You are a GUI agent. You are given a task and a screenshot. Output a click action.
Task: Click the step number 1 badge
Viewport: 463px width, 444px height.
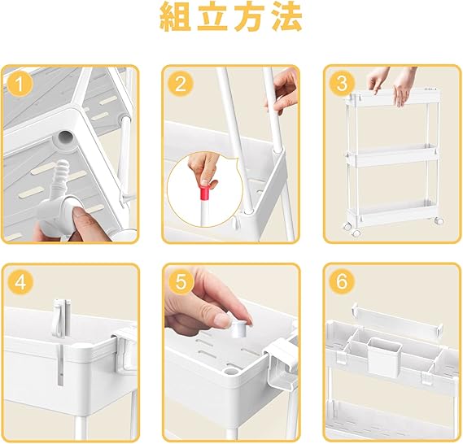click(x=20, y=84)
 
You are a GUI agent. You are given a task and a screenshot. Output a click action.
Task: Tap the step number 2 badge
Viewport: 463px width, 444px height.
click(x=181, y=84)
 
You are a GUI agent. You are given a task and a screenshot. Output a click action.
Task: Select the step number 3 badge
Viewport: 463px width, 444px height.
click(x=342, y=84)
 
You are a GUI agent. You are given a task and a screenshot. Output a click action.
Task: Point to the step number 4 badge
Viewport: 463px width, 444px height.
click(x=20, y=282)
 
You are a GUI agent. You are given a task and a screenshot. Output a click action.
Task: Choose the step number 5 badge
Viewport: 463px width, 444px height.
click(x=181, y=282)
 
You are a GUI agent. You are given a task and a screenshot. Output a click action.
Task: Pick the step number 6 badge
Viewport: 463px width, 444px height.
click(x=342, y=282)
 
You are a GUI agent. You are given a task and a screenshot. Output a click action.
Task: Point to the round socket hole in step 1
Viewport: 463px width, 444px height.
click(x=66, y=137)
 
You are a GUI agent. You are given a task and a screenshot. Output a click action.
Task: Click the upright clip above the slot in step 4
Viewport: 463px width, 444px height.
click(x=62, y=318)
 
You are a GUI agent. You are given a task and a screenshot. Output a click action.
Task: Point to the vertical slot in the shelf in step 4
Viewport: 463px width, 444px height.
click(x=60, y=364)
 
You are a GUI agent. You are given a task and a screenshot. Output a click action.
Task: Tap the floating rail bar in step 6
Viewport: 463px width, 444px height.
click(x=396, y=319)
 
